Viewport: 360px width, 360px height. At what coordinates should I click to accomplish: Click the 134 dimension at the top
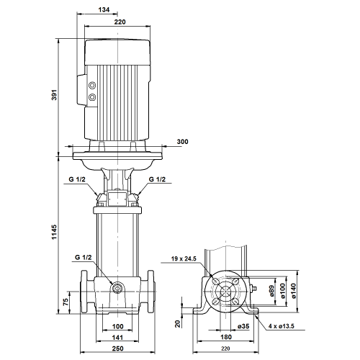104,9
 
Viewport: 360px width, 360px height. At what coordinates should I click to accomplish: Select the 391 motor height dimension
55,95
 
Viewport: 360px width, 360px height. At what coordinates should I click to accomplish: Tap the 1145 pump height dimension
54,232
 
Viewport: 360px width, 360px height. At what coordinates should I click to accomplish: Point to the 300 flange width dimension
182,142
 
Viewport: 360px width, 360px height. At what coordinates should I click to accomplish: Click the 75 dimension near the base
66,302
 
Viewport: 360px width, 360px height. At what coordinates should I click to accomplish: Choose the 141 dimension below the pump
117,338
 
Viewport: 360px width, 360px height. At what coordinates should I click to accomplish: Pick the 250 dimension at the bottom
117,348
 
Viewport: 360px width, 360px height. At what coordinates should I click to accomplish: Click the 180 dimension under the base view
226,337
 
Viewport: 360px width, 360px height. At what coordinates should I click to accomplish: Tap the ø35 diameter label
243,326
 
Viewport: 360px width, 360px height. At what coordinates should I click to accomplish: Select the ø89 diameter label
271,291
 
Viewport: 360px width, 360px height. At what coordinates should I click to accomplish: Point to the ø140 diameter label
294,291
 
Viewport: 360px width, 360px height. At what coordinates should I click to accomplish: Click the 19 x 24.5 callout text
184,258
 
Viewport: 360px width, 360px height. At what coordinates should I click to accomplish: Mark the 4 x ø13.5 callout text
282,326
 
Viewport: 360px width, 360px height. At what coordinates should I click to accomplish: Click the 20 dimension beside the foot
178,324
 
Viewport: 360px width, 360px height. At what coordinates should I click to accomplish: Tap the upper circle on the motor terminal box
92,85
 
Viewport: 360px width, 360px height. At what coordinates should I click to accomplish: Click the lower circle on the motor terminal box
92,97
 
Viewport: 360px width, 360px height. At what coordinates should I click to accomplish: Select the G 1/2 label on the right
157,179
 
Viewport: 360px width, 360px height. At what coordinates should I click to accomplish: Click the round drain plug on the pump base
117,288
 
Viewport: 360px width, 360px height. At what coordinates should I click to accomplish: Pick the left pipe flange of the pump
84,292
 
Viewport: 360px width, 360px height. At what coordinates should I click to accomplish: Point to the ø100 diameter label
282,291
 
